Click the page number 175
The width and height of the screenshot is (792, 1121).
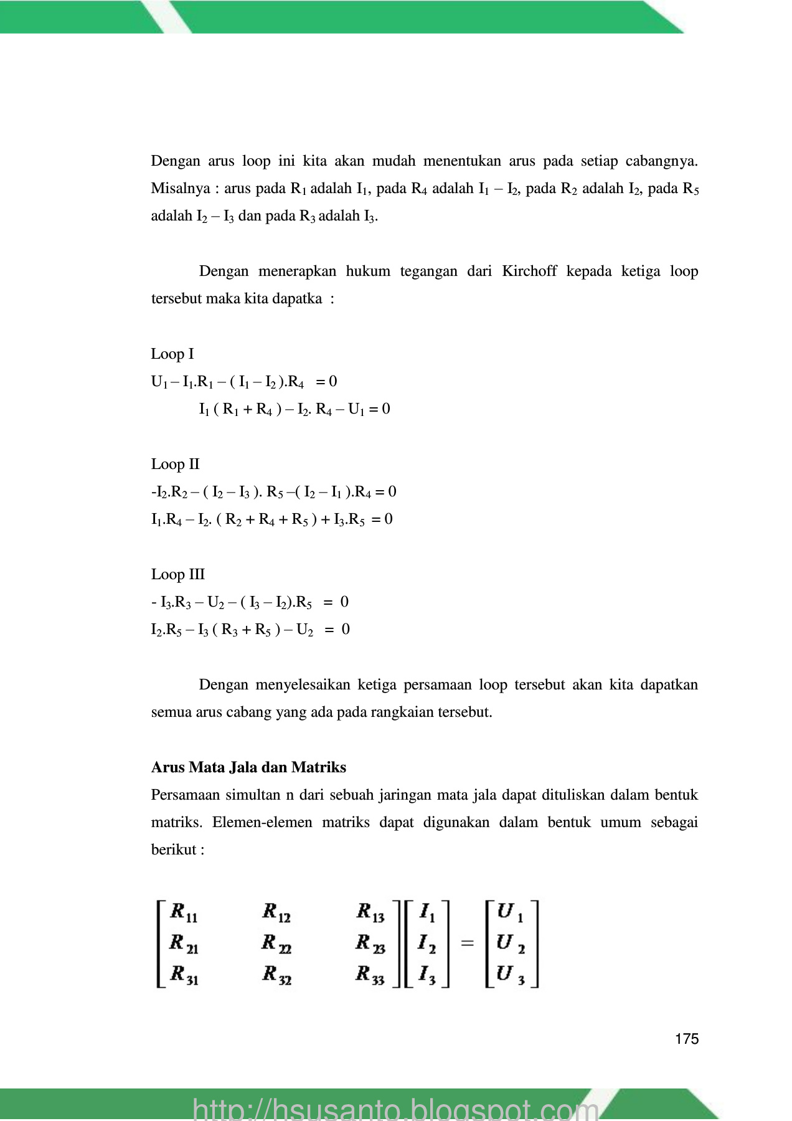[x=686, y=1039]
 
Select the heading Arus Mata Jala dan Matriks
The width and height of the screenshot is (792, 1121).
[x=248, y=767]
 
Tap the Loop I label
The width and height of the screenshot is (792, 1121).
[x=172, y=354]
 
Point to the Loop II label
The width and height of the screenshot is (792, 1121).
[x=175, y=464]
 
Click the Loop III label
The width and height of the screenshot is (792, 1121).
[x=177, y=574]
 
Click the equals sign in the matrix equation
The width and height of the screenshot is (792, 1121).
[x=467, y=944]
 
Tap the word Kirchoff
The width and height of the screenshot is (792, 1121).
[x=529, y=271]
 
